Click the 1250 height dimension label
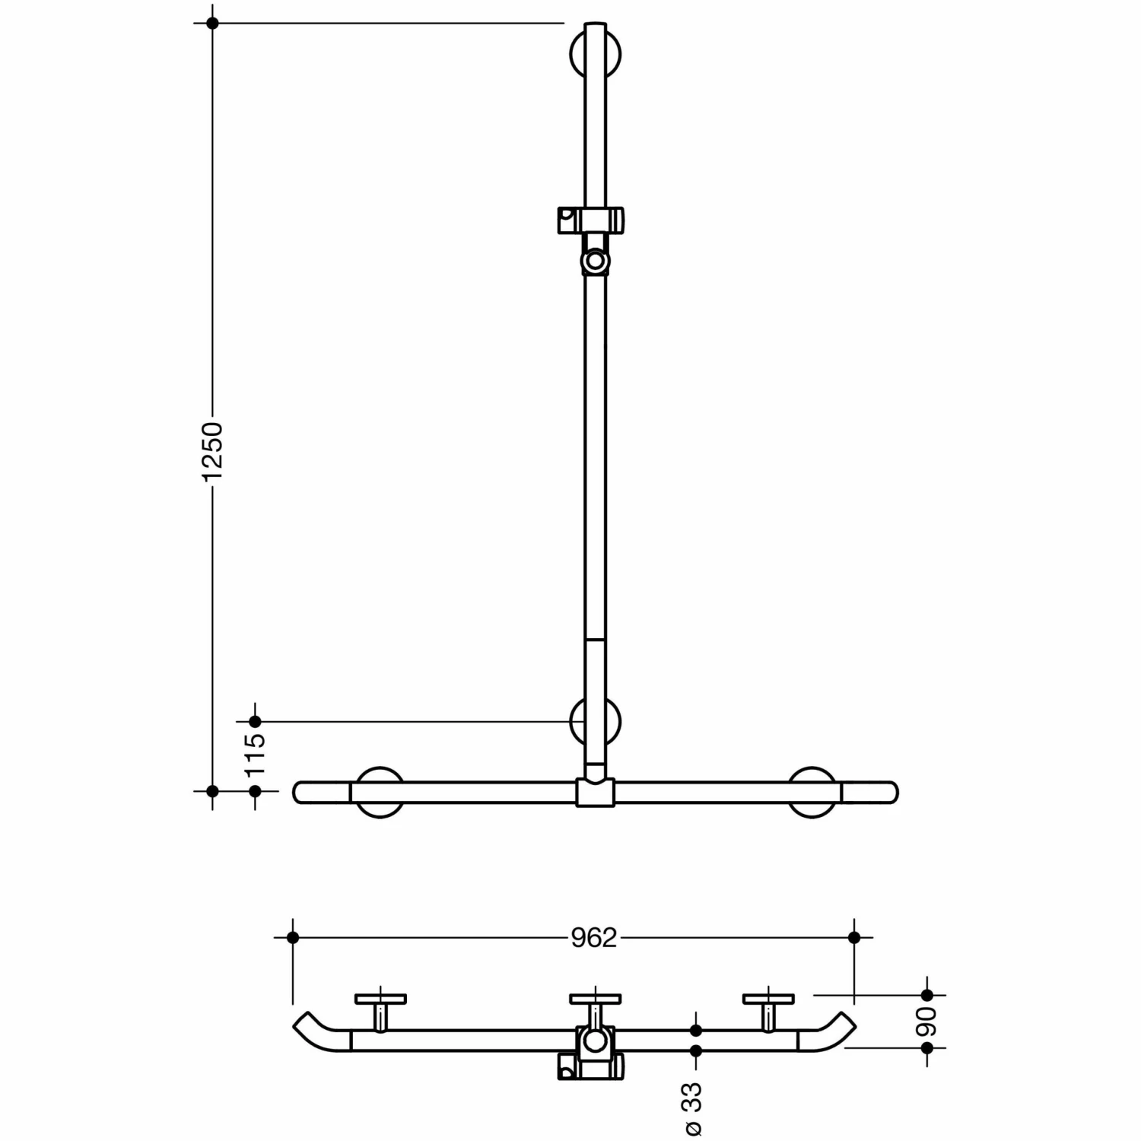pyautogui.click(x=212, y=450)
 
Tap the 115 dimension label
pyautogui.click(x=256, y=753)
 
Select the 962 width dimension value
pyautogui.click(x=593, y=938)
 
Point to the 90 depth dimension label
pyautogui.click(x=926, y=1021)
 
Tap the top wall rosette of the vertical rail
pyautogui.click(x=595, y=55)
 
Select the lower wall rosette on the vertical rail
pyautogui.click(x=595, y=721)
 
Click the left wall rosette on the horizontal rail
pyautogui.click(x=380, y=792)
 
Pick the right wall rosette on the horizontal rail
pyautogui.click(x=812, y=792)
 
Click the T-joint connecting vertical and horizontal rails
pyautogui.click(x=595, y=792)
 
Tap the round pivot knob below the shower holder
pyautogui.click(x=595, y=262)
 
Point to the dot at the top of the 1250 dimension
pyautogui.click(x=212, y=24)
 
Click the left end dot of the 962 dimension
pyautogui.click(x=293, y=938)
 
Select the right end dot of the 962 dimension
pyautogui.click(x=854, y=938)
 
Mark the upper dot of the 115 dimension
pyautogui.click(x=256, y=721)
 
